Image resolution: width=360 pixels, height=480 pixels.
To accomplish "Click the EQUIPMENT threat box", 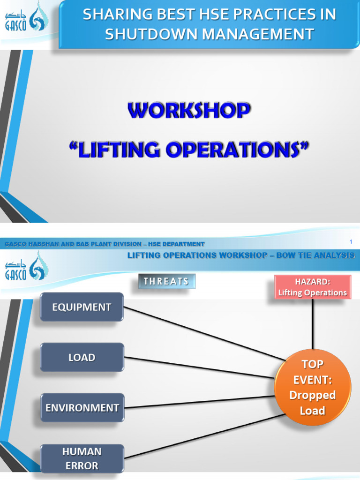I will click(82, 307).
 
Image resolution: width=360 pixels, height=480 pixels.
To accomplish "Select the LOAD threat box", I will click(82, 357).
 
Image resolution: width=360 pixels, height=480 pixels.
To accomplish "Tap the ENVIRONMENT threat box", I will click(82, 407).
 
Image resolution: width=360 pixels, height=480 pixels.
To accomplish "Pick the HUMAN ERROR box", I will click(82, 459).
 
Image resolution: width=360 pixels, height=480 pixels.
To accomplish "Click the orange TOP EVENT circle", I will click(312, 387).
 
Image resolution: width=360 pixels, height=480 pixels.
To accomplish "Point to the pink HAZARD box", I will click(312, 286).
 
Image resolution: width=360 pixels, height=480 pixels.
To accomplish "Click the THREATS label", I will click(166, 281).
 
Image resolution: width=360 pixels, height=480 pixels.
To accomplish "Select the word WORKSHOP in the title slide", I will click(189, 111).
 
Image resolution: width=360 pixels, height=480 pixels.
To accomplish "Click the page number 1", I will click(351, 241).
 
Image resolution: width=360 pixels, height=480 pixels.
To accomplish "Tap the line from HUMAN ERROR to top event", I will click(202, 436).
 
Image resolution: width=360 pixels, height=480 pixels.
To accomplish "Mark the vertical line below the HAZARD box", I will click(313, 323).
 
